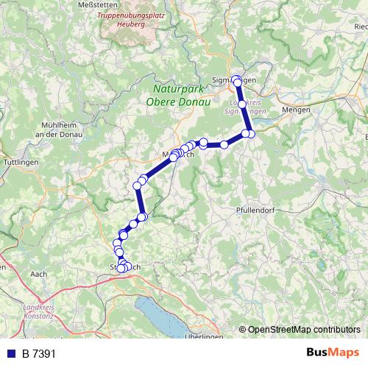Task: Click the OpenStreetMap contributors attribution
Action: (303, 330)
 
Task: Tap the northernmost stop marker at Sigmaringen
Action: (236, 79)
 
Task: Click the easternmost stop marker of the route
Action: (251, 134)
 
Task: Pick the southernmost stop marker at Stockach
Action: (121, 269)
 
